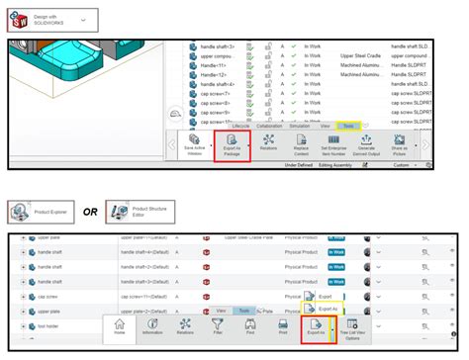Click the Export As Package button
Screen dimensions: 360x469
coord(233,146)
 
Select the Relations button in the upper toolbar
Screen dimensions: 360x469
coord(268,146)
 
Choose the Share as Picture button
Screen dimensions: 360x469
coord(399,146)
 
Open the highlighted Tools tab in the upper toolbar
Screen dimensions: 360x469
coord(348,127)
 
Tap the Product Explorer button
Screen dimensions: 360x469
coord(38,212)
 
